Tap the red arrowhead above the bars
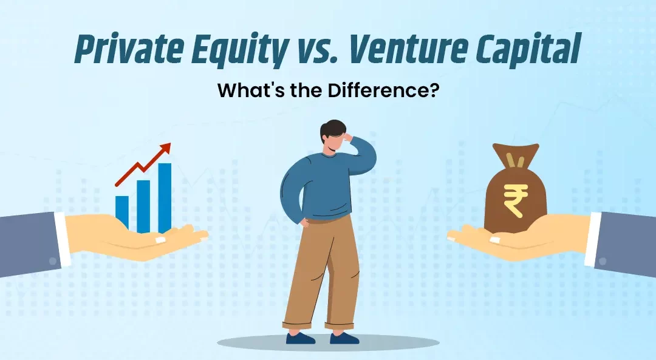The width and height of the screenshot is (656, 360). (165, 148)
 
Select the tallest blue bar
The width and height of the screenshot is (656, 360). (165, 198)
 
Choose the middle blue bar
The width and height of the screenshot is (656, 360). (143, 206)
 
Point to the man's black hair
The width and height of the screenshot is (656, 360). (330, 130)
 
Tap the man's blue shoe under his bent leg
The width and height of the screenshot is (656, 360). (301, 338)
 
